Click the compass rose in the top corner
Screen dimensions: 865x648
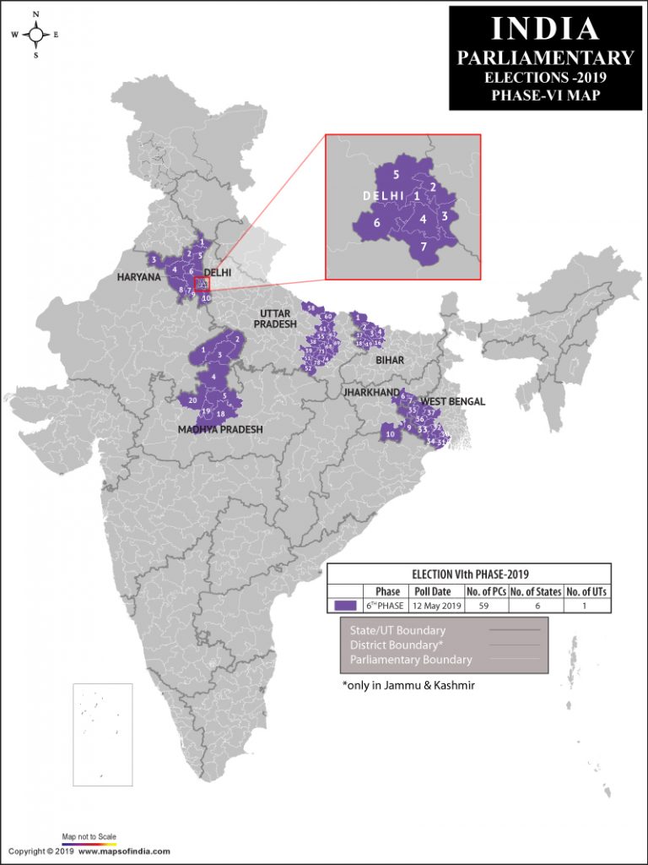click(36, 35)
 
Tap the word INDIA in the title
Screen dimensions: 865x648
click(544, 28)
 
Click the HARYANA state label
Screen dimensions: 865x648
click(138, 276)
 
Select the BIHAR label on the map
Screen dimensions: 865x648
click(390, 360)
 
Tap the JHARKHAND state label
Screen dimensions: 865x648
click(371, 393)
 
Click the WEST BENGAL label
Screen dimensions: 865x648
click(453, 401)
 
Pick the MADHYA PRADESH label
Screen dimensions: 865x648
click(220, 429)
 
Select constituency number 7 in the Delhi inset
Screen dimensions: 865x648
click(424, 247)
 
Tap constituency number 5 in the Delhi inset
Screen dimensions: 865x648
click(395, 175)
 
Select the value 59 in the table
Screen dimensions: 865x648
click(487, 606)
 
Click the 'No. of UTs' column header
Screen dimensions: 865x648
click(586, 590)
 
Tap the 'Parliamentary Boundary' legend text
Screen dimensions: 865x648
click(411, 660)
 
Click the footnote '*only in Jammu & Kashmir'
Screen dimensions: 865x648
click(408, 685)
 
